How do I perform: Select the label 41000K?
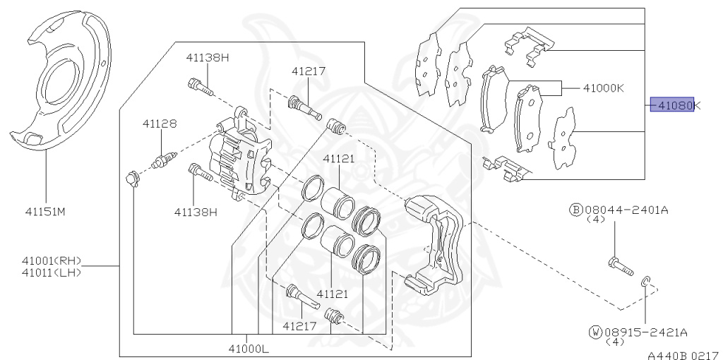point(604,88)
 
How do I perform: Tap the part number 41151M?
point(46,212)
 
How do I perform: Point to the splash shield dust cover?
point(60,85)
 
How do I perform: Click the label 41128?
point(160,124)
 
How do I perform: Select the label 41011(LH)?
point(52,272)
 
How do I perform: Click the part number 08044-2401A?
point(627,210)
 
